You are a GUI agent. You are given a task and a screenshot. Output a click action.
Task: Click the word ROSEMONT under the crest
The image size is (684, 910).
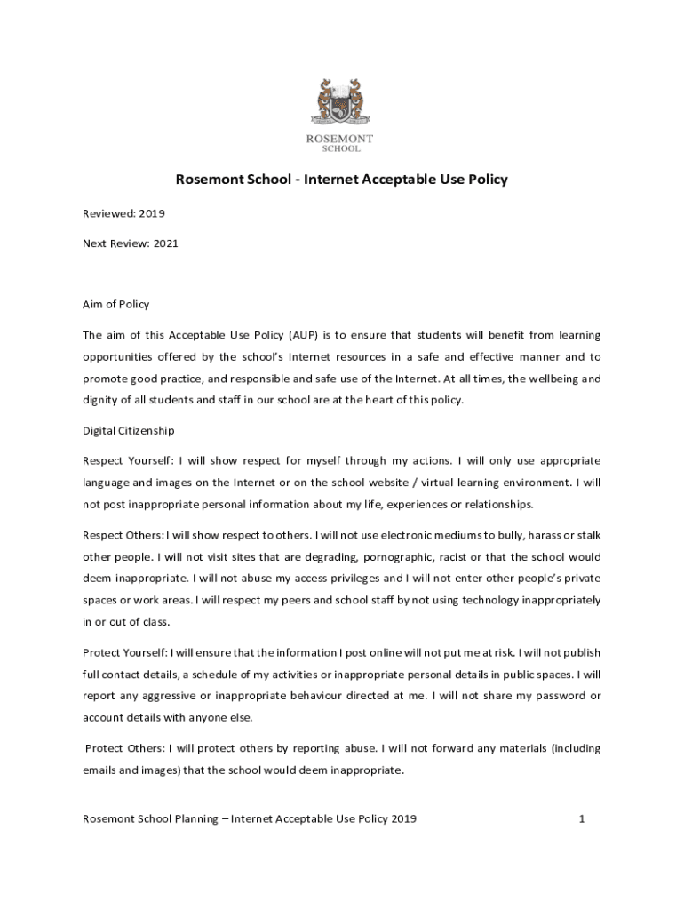(340, 139)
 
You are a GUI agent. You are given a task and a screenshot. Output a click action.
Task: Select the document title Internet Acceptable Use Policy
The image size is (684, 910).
(406, 180)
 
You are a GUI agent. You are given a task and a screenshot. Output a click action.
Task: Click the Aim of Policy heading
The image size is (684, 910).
(116, 305)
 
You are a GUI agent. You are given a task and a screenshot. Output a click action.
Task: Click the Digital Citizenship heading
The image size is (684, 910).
(129, 431)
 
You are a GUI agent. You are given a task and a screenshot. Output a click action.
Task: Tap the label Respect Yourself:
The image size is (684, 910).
(128, 461)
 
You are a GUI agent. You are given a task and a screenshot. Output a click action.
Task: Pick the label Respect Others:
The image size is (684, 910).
(123, 535)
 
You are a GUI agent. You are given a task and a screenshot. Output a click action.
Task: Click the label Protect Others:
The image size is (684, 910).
(126, 748)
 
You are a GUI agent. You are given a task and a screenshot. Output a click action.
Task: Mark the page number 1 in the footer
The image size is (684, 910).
(581, 818)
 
